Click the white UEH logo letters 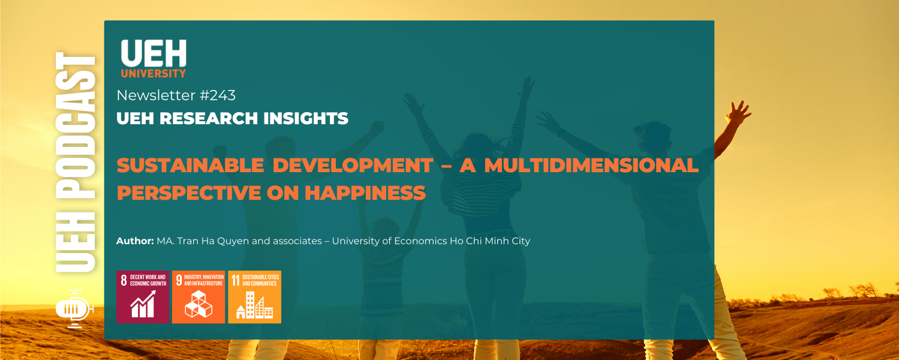pos(154,54)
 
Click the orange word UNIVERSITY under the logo pos(154,74)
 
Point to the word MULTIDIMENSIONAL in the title pos(591,166)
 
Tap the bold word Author pos(135,241)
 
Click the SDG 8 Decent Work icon pos(142,297)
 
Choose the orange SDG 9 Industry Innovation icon pos(199,297)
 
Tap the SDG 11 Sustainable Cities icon pos(254,297)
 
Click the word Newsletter pos(156,95)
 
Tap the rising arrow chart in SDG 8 pos(143,304)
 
